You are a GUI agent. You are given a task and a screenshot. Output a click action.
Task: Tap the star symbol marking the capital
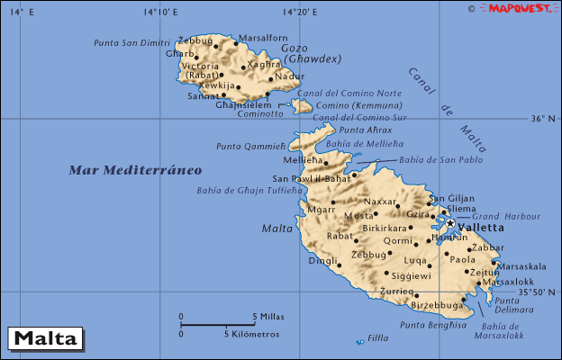pos(450,223)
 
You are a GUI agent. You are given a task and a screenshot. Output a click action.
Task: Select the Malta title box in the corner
pos(45,339)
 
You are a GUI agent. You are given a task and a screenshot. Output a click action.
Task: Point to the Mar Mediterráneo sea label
pos(136,169)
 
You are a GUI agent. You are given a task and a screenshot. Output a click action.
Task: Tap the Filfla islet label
pos(379,339)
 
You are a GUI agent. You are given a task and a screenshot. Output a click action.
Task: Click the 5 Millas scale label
pos(268,316)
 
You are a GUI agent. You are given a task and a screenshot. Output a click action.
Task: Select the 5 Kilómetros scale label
pos(252,334)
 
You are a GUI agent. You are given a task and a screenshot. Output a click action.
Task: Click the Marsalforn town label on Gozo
pos(263,38)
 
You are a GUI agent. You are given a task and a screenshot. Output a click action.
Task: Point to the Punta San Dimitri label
pos(133,42)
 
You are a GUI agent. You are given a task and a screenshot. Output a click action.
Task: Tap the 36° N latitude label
pos(544,119)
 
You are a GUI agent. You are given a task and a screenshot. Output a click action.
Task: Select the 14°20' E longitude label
pos(300,12)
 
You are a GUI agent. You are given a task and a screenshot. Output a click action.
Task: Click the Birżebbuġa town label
pos(437,305)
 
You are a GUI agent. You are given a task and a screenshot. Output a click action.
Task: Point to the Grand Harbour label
pos(499,216)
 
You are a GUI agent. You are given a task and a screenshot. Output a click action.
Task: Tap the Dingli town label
pos(322,261)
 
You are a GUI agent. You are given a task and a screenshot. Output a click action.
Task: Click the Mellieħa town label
pos(303,160)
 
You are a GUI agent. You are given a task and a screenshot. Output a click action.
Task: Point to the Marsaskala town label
pos(521,266)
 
